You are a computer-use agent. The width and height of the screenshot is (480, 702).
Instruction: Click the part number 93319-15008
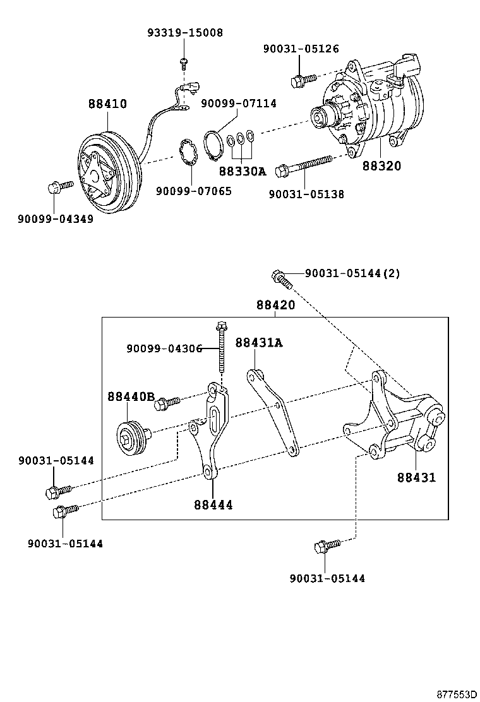pos(185,32)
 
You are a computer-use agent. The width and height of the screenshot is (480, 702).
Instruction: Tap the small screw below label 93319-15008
pos(184,61)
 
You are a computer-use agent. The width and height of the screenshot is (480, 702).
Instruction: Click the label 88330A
pos(243,171)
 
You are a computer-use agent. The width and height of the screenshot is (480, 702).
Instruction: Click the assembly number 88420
pos(275,305)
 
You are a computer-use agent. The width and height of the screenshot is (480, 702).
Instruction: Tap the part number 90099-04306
pos(164,348)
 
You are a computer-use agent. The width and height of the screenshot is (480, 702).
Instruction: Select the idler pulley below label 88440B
pos(133,436)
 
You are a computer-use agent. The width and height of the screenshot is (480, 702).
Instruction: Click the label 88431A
pos(259,343)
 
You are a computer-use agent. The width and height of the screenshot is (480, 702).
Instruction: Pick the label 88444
pos(213,504)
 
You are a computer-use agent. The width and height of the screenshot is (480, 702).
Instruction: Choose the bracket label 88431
pos(416,477)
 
